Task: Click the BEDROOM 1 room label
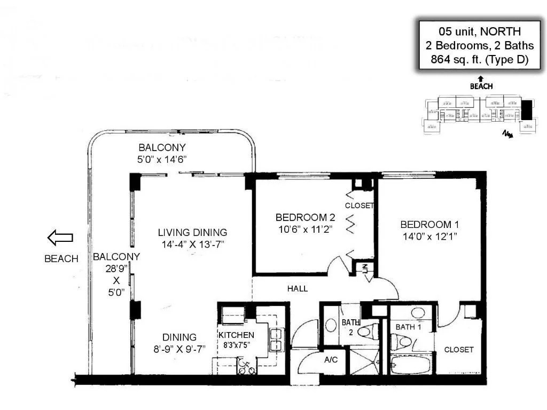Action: click(x=429, y=224)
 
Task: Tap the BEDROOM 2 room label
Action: click(x=305, y=217)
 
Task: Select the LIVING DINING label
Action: click(x=192, y=232)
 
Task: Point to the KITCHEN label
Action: click(x=236, y=335)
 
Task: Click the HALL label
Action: click(x=298, y=289)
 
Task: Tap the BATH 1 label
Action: click(x=409, y=327)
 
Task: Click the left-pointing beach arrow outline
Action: click(x=60, y=238)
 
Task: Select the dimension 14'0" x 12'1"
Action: click(x=429, y=235)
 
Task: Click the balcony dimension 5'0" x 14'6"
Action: click(x=162, y=159)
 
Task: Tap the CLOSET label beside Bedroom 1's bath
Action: click(x=458, y=350)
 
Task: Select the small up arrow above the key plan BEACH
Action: click(x=481, y=78)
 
